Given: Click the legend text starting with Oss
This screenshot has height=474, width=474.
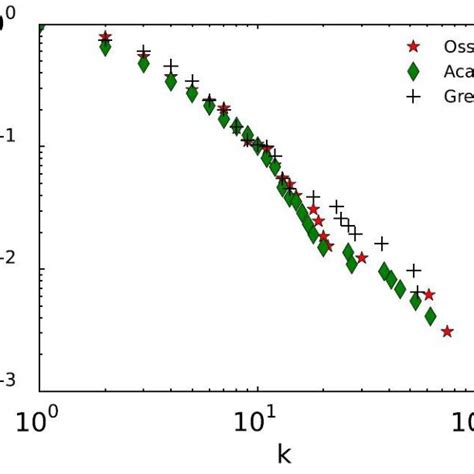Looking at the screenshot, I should pyautogui.click(x=454, y=46).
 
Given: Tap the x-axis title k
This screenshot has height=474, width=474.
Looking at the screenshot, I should pyautogui.click(x=285, y=455).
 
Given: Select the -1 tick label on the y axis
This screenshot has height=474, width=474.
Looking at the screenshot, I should pyautogui.click(x=9, y=147).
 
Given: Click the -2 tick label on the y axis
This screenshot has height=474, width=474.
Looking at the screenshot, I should pyautogui.click(x=9, y=270).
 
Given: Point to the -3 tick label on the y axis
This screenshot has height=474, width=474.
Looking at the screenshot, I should pyautogui.click(x=9, y=380).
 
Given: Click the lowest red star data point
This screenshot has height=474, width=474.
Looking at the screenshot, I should pyautogui.click(x=447, y=331).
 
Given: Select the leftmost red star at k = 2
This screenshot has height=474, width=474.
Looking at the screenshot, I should pyautogui.click(x=105, y=37).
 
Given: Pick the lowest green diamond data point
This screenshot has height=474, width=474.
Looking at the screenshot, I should pyautogui.click(x=431, y=316).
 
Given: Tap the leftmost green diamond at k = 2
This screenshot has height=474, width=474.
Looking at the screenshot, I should pyautogui.click(x=105, y=46).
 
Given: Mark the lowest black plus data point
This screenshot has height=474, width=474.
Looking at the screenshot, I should pyautogui.click(x=417, y=291).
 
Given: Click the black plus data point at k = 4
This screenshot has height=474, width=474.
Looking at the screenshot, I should pyautogui.click(x=171, y=66).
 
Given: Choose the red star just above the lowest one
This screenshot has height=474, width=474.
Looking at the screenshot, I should pyautogui.click(x=429, y=295).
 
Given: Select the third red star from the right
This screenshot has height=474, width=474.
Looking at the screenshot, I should pyautogui.click(x=361, y=257).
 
